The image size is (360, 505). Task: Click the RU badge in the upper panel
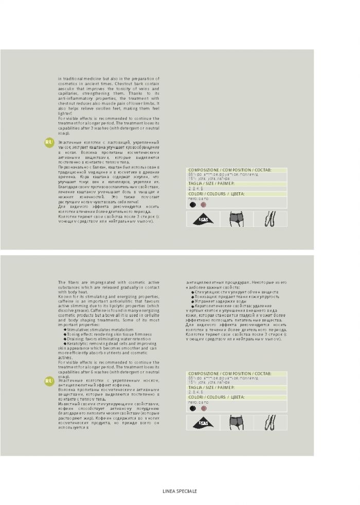[49, 142]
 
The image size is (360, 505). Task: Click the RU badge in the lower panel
[49, 381]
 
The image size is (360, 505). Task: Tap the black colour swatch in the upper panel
[192, 204]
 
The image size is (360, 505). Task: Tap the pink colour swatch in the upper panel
[203, 204]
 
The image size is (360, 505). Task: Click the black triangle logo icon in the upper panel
[203, 219]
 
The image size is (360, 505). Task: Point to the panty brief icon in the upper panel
[237, 219]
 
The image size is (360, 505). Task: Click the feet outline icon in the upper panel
[270, 219]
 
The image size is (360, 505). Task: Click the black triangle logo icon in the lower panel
[203, 423]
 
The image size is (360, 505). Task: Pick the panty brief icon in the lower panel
[237, 423]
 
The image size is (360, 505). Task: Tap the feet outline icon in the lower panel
[270, 423]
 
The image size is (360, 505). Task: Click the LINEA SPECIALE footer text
[179, 491]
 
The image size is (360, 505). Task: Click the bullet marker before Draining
[65, 338]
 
